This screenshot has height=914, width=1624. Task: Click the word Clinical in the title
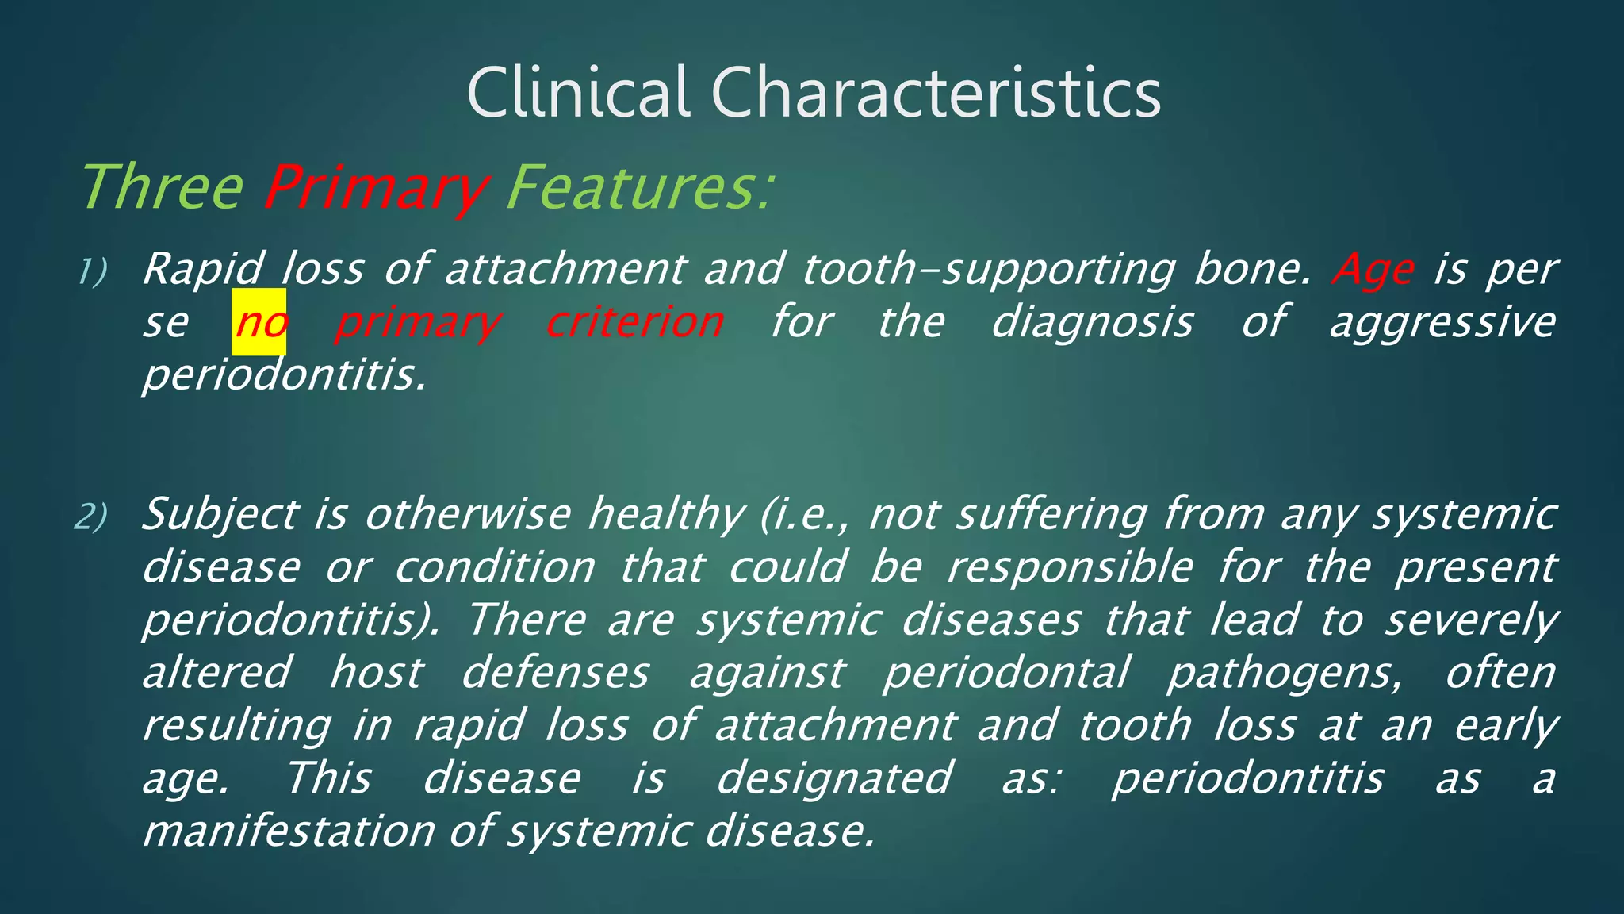point(577,93)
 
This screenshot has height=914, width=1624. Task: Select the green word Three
point(163,188)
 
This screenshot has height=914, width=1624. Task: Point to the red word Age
point(1373,270)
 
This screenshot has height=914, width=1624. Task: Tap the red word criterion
point(634,322)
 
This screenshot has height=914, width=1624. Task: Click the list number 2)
point(91,517)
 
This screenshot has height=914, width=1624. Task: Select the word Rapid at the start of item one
point(202,270)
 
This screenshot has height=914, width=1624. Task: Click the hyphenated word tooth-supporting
point(988,270)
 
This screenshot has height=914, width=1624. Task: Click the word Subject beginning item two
point(220,516)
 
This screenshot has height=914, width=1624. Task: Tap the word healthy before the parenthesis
point(665,516)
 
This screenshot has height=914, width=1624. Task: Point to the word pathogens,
point(1285,674)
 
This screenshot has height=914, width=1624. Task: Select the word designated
point(833,778)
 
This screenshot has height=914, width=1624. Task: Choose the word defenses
point(555,673)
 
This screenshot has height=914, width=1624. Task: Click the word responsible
point(1071,567)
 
